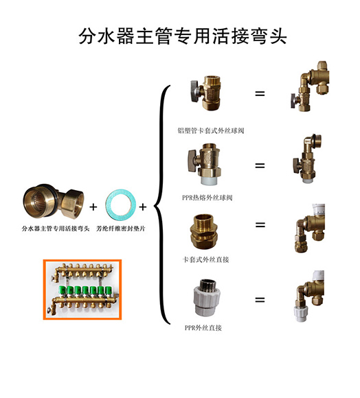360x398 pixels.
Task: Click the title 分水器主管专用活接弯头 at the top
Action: [x=183, y=36]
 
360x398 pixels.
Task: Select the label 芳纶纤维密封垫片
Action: [x=121, y=229]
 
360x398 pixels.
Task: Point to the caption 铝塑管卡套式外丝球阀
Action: [x=211, y=130]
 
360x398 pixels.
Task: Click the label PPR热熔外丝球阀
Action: [x=207, y=198]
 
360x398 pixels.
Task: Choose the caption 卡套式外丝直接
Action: [x=205, y=259]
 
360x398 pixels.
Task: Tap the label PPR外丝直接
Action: [x=203, y=328]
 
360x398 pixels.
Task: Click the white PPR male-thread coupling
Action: [x=207, y=298]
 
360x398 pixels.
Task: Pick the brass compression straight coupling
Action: [x=204, y=231]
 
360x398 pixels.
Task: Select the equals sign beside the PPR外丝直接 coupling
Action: [x=260, y=300]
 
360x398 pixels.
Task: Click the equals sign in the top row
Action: [x=260, y=93]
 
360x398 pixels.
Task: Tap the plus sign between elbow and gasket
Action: [x=93, y=207]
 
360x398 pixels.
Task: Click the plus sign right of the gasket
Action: [x=143, y=207]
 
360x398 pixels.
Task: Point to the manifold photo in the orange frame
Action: [x=82, y=290]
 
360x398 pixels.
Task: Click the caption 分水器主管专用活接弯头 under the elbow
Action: [x=56, y=229]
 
